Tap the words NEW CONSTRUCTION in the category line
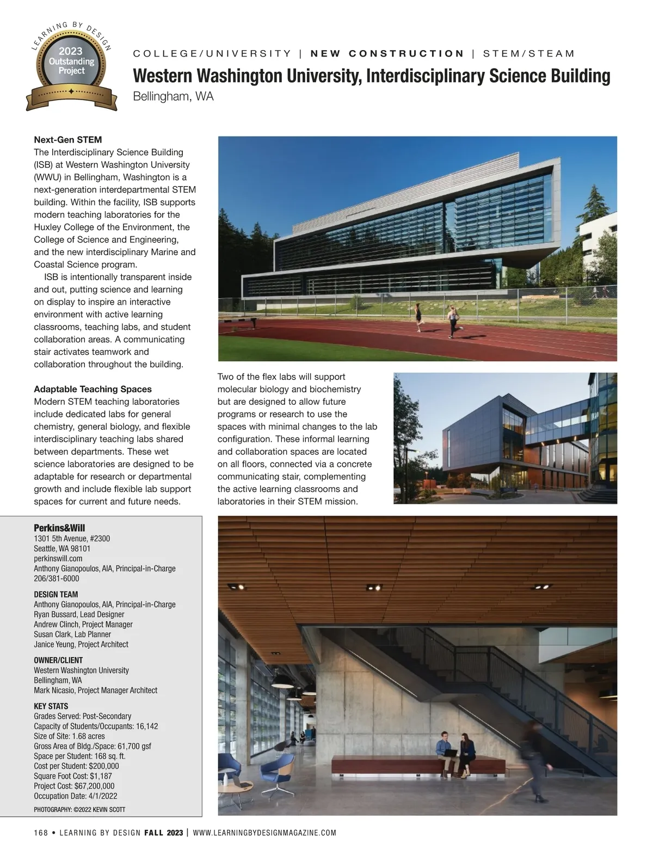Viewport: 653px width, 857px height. coord(387,53)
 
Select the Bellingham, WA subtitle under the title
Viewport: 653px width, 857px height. coord(173,96)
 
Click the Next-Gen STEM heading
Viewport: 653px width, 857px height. coord(67,140)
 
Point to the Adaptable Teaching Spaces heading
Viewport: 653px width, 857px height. coord(93,389)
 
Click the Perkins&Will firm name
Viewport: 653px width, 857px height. coord(59,528)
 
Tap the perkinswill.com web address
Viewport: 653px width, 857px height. coord(58,558)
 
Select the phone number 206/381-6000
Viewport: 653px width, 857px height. coord(56,578)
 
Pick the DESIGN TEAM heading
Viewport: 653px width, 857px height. coord(56,594)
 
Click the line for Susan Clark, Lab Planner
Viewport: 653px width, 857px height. coord(72,634)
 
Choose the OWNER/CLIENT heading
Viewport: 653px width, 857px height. coord(58,660)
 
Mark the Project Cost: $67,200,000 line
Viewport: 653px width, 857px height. coord(74,786)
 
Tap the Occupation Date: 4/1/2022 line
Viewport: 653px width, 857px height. coord(76,796)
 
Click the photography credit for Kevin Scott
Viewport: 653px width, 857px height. coord(79,809)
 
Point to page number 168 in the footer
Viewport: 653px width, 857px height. coord(40,833)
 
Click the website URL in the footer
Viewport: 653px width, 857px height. coord(264,833)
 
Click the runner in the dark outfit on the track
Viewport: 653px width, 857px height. coord(418,317)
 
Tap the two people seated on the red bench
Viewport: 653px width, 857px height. coord(457,751)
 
